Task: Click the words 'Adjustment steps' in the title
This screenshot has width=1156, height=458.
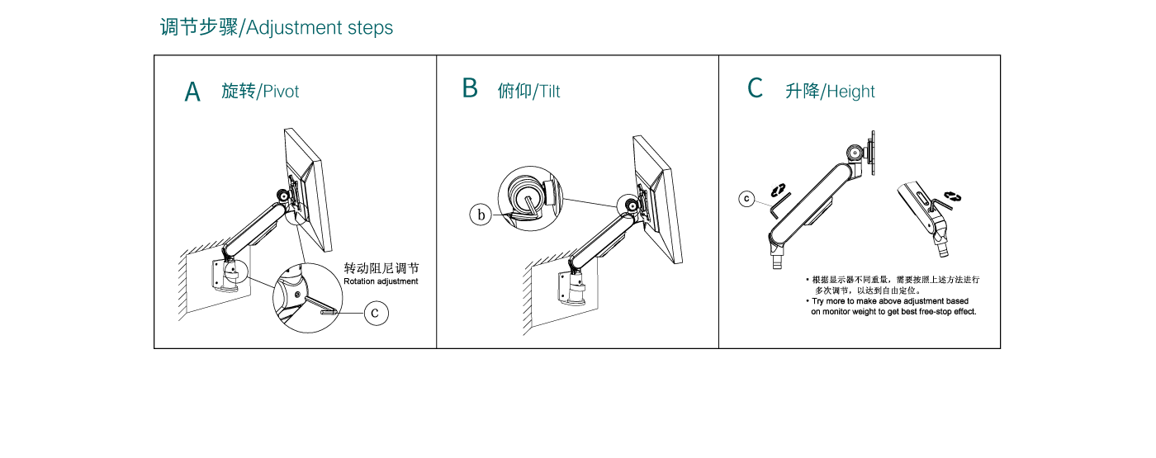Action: pyautogui.click(x=320, y=28)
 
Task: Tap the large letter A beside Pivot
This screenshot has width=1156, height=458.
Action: pyautogui.click(x=192, y=92)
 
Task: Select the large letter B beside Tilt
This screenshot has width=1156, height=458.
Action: pyautogui.click(x=470, y=88)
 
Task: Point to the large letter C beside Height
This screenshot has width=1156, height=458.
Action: pyautogui.click(x=755, y=88)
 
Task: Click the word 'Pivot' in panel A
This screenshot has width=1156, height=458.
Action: pyautogui.click(x=281, y=92)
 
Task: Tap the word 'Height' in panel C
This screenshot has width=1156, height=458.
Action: pyautogui.click(x=850, y=92)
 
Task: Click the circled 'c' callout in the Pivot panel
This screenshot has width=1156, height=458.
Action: pyautogui.click(x=376, y=313)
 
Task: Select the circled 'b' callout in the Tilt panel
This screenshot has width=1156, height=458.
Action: pyautogui.click(x=481, y=215)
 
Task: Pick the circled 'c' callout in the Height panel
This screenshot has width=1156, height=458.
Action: pyautogui.click(x=746, y=198)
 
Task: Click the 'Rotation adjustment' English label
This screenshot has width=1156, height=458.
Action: pyautogui.click(x=381, y=281)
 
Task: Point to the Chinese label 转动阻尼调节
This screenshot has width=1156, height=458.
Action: pyautogui.click(x=381, y=268)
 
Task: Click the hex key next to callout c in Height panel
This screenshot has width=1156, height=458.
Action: pyautogui.click(x=779, y=204)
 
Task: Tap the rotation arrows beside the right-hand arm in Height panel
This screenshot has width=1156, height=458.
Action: pyautogui.click(x=954, y=196)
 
